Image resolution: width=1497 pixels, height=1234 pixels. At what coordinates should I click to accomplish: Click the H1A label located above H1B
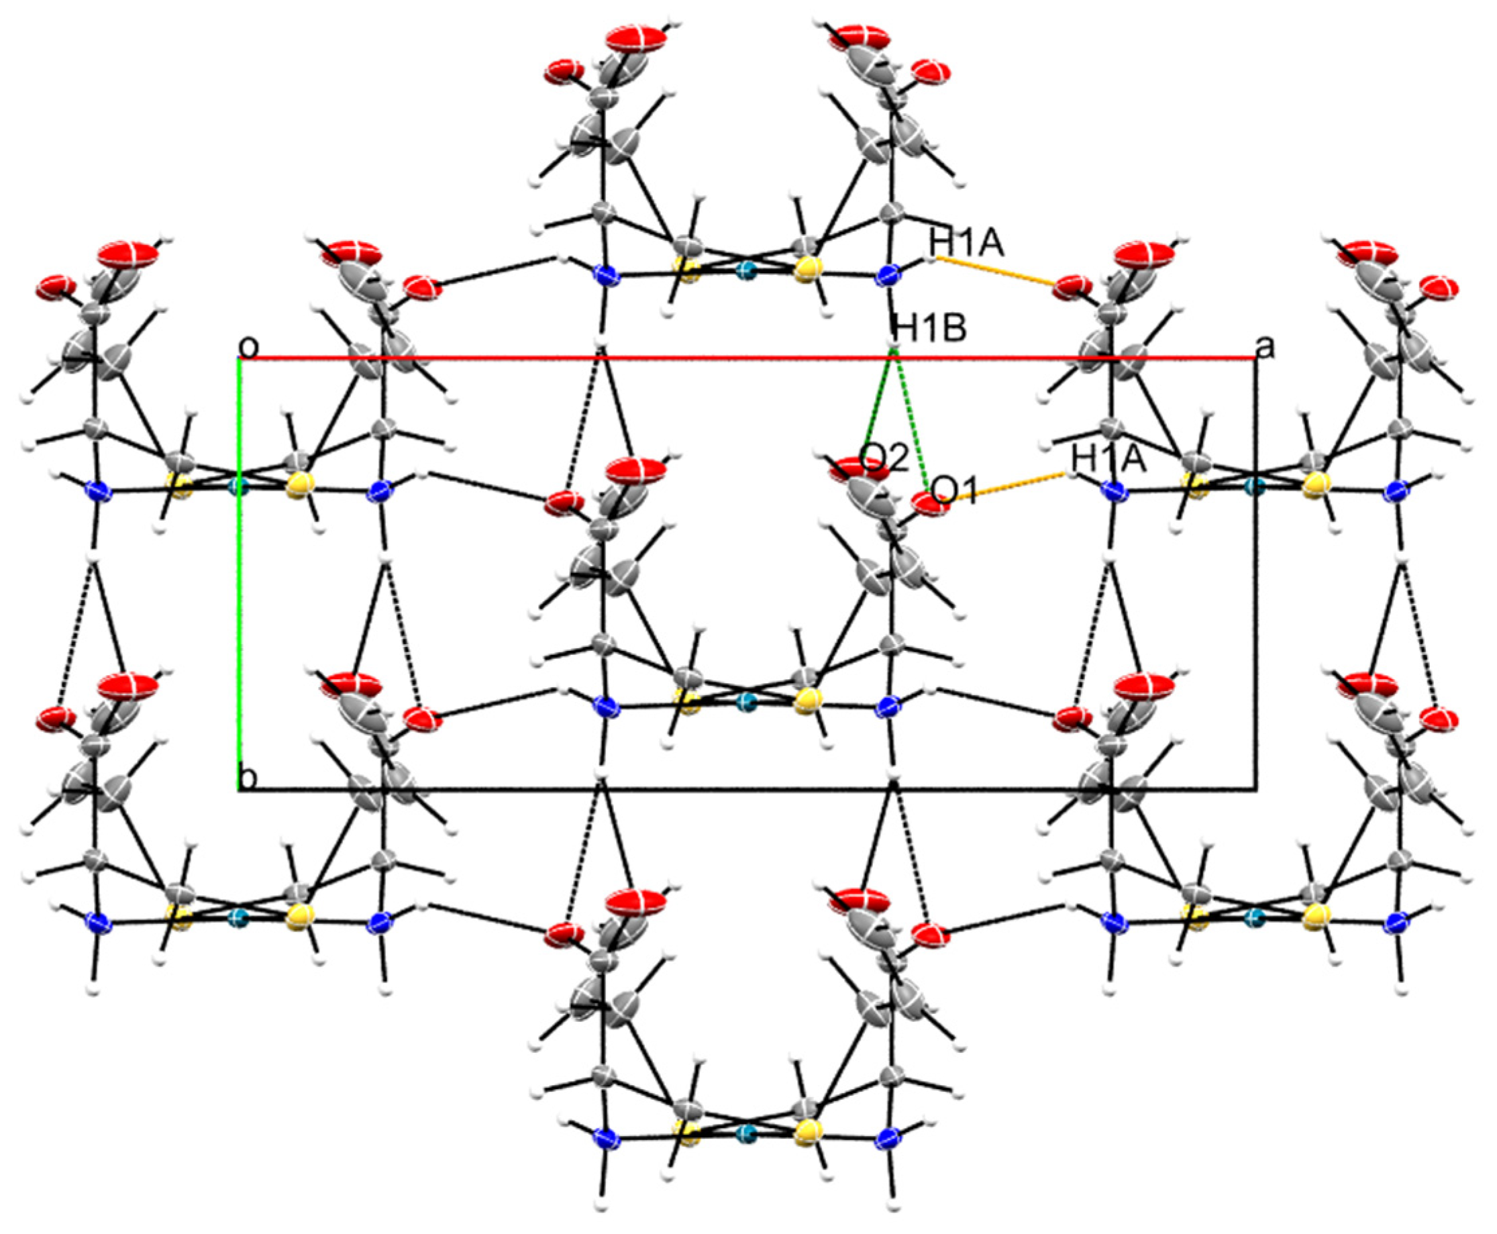966,244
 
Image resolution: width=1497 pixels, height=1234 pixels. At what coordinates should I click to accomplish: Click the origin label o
248,348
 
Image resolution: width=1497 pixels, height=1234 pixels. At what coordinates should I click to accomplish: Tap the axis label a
1266,348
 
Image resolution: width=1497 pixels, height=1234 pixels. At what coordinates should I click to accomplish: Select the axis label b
248,778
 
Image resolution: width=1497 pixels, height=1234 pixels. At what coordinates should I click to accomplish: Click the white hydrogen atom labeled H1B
894,347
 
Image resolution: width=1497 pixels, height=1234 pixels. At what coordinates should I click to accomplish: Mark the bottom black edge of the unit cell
746,789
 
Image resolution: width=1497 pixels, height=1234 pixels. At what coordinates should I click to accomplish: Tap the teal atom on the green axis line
240,487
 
